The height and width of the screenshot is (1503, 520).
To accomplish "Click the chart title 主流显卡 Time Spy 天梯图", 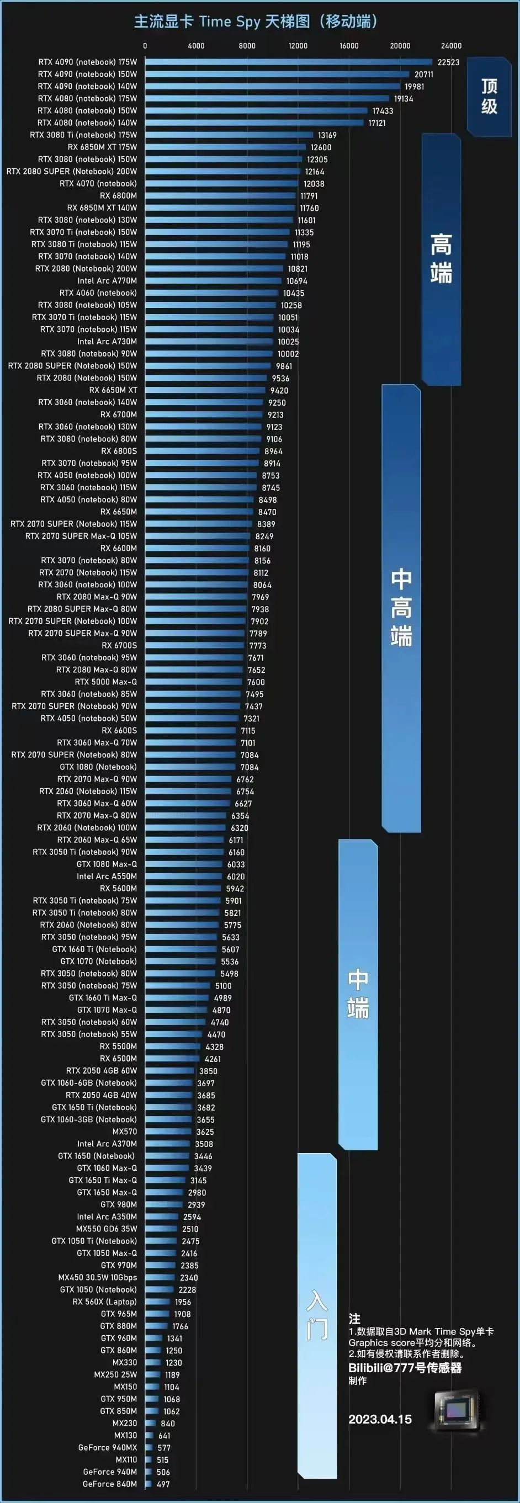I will point(256,22).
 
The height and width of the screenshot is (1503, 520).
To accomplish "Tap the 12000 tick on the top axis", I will point(298,45).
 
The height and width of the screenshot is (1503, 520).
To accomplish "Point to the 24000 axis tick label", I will point(451,45).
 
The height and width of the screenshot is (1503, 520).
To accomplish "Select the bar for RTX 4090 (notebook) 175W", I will point(288,62).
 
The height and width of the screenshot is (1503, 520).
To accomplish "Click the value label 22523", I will point(448,62).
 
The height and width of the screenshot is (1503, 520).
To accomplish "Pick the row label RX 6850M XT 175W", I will point(102,147).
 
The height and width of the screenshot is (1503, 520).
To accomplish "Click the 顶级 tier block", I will point(489,96).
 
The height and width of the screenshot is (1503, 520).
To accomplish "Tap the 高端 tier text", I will point(441,258).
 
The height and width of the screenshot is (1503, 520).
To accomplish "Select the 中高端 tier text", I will point(401,607).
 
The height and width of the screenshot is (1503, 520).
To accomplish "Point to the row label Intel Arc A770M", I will point(108,280).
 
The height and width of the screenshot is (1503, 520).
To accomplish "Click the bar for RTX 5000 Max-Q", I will point(193,682).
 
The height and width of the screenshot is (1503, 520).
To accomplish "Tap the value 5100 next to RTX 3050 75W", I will point(223,986).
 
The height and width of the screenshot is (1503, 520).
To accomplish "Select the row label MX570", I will point(125,1132).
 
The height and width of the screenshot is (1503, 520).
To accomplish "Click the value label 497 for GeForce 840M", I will point(163,1484).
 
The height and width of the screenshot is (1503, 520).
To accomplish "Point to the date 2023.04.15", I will point(380,1419).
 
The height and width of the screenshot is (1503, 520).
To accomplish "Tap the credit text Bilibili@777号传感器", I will point(405,1368).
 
